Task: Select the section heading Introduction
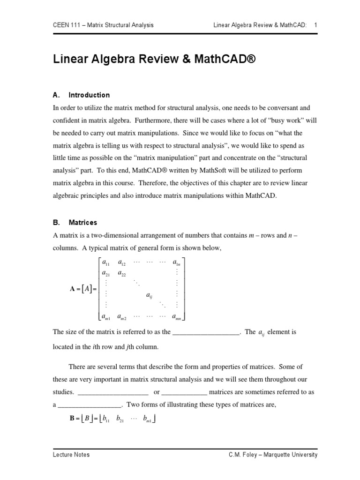click(x=89, y=95)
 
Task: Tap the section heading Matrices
click(x=82, y=222)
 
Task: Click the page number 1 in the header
click(x=316, y=25)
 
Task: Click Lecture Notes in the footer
click(x=71, y=454)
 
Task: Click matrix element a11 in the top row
click(x=105, y=262)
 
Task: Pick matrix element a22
click(x=121, y=273)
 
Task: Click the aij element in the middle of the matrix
click(x=149, y=296)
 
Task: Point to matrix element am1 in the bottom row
click(x=105, y=317)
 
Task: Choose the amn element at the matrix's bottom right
click(x=176, y=317)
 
